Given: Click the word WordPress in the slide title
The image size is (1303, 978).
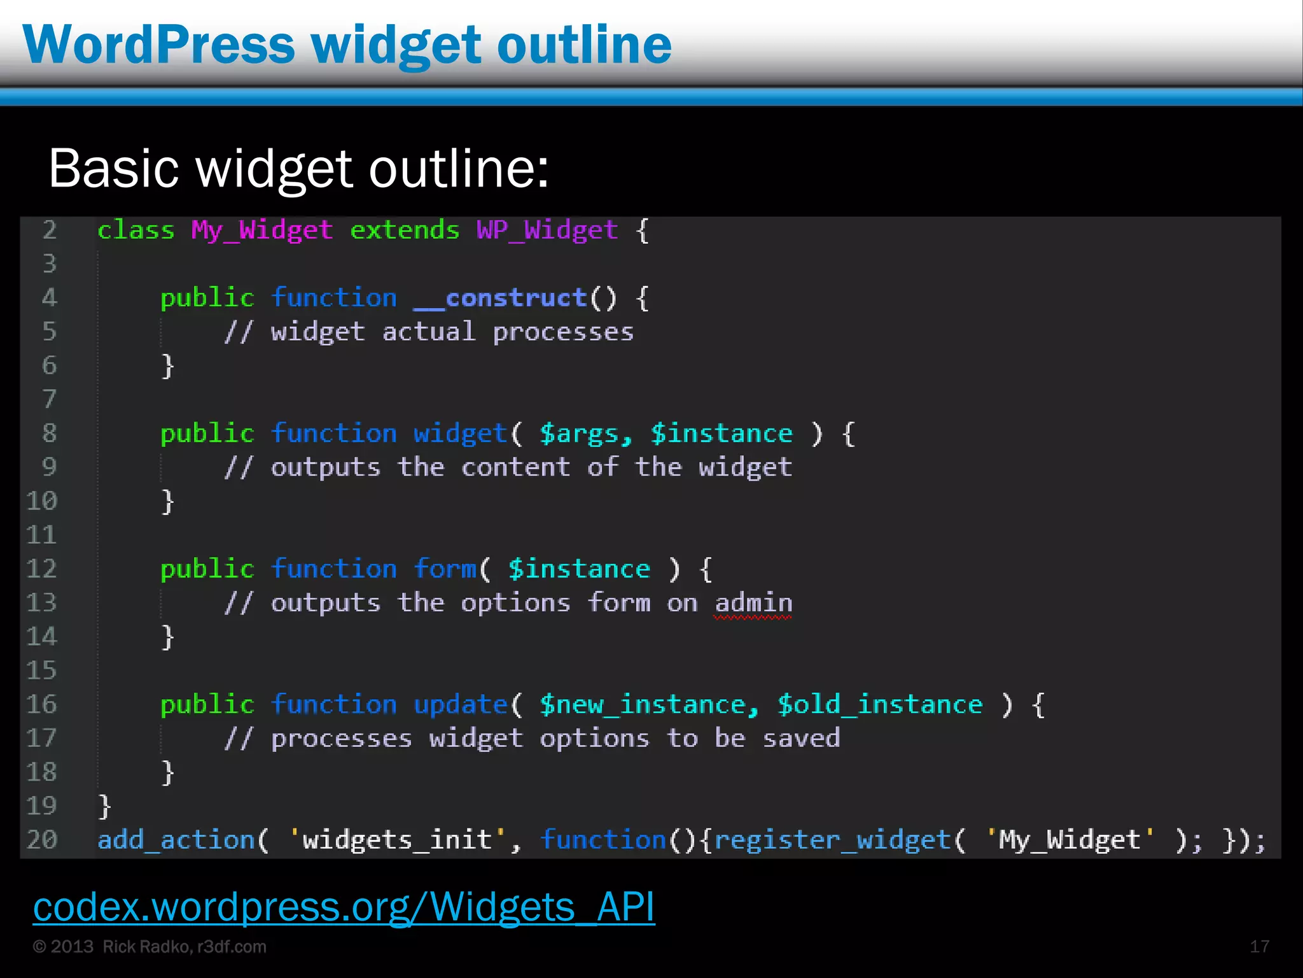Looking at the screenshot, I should click(x=159, y=45).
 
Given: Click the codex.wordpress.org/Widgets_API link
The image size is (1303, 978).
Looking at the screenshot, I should click(x=344, y=907).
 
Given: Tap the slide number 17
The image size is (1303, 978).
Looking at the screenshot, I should click(x=1259, y=947).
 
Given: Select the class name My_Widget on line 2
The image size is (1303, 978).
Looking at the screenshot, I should click(x=261, y=230).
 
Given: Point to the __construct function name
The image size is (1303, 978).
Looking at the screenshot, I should click(x=500, y=298).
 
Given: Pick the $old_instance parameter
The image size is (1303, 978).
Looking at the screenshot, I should click(x=880, y=705).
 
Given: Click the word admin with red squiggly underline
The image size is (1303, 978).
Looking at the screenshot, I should click(x=753, y=603).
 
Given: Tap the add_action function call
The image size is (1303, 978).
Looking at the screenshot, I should click(x=176, y=840).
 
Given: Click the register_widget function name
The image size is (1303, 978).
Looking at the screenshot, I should click(x=832, y=840).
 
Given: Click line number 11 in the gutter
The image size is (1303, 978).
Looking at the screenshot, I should click(x=42, y=535).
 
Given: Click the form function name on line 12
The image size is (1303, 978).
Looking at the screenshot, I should click(x=445, y=569).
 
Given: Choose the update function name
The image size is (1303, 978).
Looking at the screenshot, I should click(x=460, y=705).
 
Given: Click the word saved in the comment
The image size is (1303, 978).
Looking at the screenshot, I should click(x=801, y=739).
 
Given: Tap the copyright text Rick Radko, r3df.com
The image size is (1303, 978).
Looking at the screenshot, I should click(x=185, y=947).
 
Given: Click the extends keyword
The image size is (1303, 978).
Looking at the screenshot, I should click(x=405, y=230).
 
